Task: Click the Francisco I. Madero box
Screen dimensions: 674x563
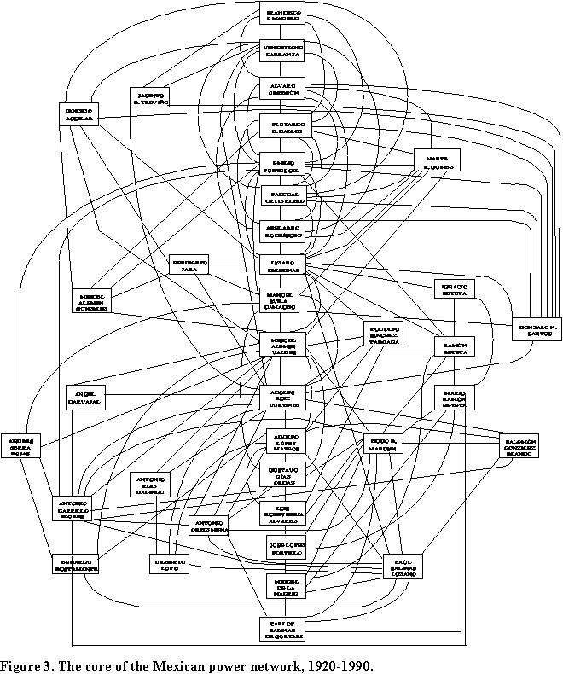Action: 282,13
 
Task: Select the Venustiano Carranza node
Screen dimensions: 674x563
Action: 282,50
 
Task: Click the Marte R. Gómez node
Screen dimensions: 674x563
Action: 437,160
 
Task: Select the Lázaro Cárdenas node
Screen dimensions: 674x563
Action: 282,264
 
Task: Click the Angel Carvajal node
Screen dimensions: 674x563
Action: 86,397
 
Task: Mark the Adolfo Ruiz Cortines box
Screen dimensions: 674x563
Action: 282,397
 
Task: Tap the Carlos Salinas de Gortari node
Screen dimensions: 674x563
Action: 282,627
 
